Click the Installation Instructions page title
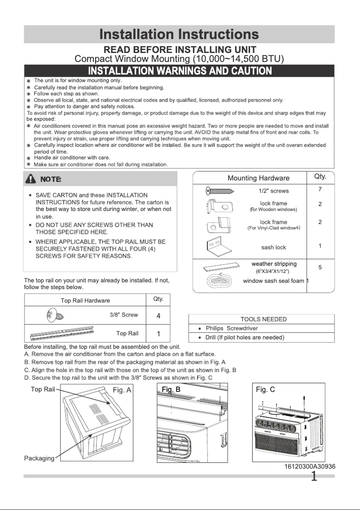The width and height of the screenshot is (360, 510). (179, 34)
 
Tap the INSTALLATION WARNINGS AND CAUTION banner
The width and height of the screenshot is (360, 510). (180, 71)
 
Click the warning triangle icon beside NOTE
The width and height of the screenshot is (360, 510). (31, 179)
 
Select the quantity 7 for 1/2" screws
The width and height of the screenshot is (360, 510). (320, 189)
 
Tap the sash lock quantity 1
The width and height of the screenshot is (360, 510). (320, 246)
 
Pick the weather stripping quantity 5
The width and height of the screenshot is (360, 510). (320, 267)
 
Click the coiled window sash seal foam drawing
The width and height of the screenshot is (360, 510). (220, 282)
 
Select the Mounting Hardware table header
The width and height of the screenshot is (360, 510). (259, 178)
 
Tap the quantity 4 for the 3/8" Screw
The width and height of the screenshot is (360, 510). (158, 316)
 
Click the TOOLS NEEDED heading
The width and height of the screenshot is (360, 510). (263, 319)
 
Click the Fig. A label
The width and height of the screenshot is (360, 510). (122, 390)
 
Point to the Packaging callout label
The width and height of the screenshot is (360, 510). (39, 458)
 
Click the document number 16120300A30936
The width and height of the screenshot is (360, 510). (310, 466)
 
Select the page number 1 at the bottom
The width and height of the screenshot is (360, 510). (315, 476)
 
